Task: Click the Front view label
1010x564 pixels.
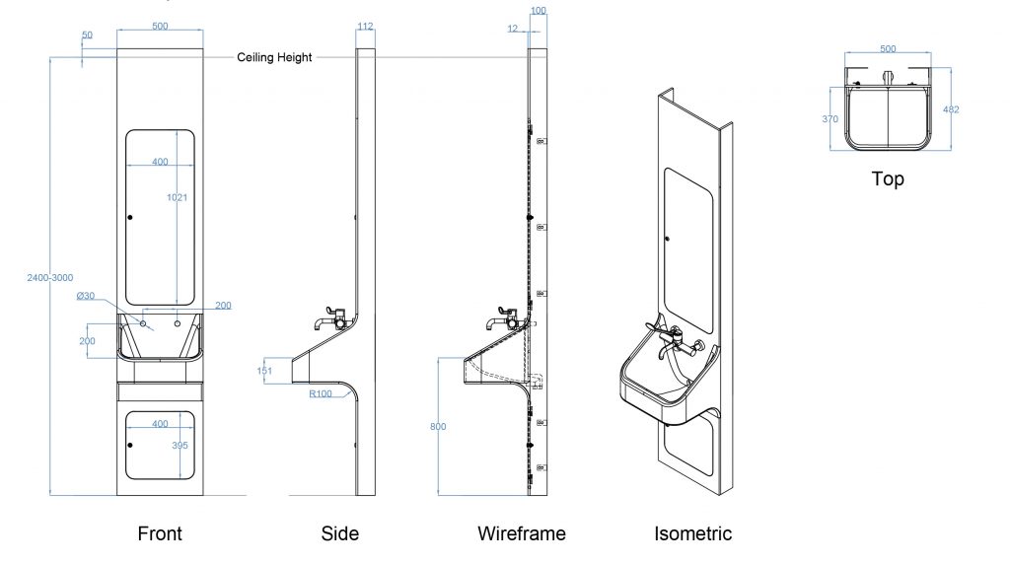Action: click(x=160, y=534)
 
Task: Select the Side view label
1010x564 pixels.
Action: click(x=340, y=534)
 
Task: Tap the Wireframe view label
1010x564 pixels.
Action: click(x=522, y=534)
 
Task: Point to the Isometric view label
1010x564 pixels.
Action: click(x=693, y=534)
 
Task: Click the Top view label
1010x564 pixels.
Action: click(x=888, y=179)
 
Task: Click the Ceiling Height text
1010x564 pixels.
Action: click(x=274, y=57)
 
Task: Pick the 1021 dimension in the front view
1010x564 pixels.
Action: click(x=177, y=197)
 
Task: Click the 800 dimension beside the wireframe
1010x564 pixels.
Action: click(x=438, y=427)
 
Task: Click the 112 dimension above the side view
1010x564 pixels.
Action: click(x=365, y=27)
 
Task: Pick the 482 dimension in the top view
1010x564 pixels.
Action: click(x=951, y=109)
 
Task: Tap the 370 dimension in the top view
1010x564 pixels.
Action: click(x=830, y=119)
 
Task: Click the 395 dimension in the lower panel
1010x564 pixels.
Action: click(x=180, y=446)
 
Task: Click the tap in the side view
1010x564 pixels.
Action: click(x=329, y=319)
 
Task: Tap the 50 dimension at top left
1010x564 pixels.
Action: click(x=87, y=35)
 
